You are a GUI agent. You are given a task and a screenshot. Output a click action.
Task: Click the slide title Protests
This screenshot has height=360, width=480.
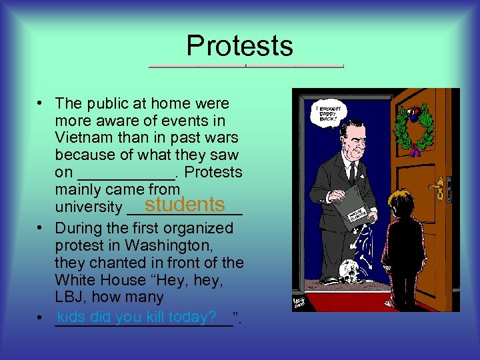click(x=239, y=45)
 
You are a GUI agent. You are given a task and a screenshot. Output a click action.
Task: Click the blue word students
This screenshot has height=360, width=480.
click(x=186, y=204)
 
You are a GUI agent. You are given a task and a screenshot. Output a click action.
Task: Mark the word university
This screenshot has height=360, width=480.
click(x=89, y=207)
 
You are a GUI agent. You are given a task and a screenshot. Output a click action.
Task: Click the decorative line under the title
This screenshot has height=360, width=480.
click(x=245, y=67)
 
